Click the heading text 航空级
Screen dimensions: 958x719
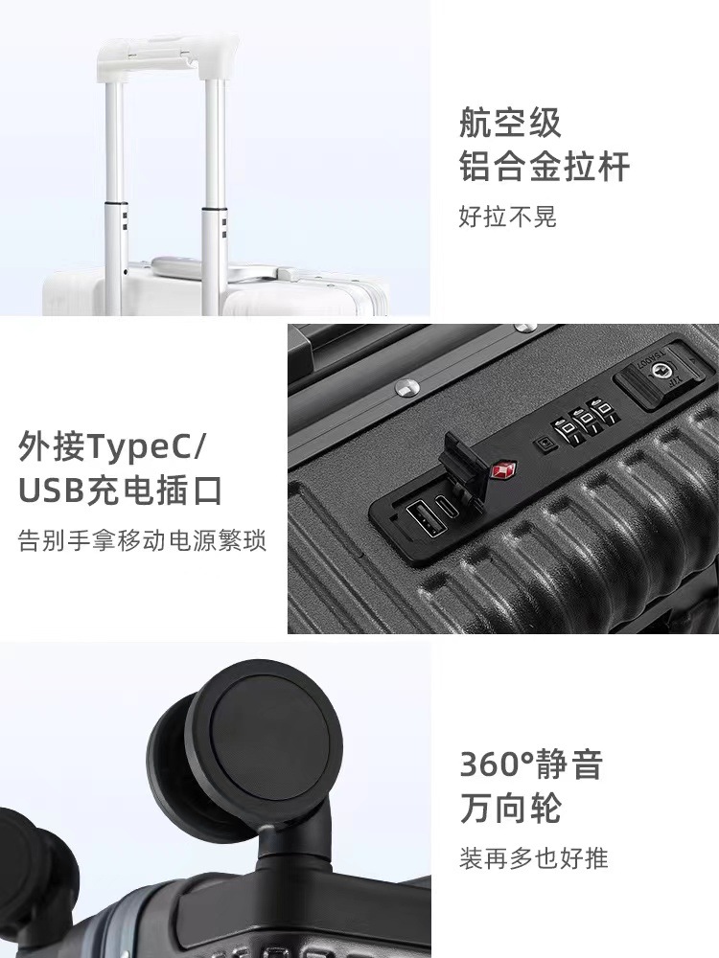tap(510, 124)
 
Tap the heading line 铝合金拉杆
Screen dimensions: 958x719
tap(545, 167)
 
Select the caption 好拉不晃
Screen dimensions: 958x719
tap(507, 217)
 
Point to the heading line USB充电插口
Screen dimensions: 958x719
tap(120, 490)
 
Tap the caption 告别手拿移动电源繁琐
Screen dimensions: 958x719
tap(142, 540)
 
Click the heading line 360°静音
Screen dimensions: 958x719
tap(531, 764)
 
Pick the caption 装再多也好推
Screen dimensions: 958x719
tap(534, 856)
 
